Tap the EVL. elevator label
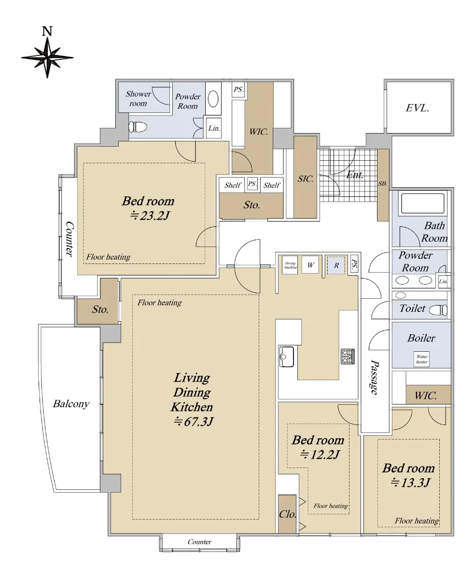417,108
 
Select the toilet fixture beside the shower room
138,127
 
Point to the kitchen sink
286,357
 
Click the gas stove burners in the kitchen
348,357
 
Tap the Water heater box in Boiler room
421,359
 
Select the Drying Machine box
290,265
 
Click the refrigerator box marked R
336,265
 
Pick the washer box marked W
310,265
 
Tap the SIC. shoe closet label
306,179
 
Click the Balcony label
71,404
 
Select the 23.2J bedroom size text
150,216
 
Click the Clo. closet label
288,514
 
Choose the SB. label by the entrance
383,184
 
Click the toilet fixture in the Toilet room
438,310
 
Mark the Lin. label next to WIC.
214,128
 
